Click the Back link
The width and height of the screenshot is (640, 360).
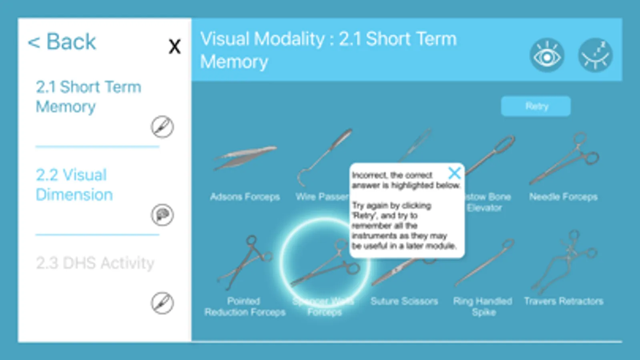tap(62, 42)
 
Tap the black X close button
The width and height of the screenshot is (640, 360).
tap(175, 47)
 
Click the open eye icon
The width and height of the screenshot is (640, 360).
tap(547, 56)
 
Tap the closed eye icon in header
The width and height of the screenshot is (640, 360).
tap(595, 56)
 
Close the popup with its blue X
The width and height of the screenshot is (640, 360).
tap(454, 173)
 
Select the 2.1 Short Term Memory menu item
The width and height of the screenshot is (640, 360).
tap(88, 97)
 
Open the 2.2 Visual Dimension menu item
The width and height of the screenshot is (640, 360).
tap(74, 185)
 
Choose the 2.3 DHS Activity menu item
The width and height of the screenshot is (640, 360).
tap(95, 263)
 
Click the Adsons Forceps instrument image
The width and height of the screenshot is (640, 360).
tap(245, 157)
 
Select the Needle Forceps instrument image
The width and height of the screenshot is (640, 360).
tap(564, 159)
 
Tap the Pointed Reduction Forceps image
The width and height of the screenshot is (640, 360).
tap(245, 262)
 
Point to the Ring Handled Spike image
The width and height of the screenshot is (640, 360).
tap(484, 262)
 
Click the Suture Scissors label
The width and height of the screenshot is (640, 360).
tap(404, 301)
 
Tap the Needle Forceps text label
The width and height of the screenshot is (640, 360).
tap(563, 197)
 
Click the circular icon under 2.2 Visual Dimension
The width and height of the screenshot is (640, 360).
tap(162, 215)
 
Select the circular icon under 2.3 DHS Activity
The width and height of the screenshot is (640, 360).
tap(162, 303)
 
